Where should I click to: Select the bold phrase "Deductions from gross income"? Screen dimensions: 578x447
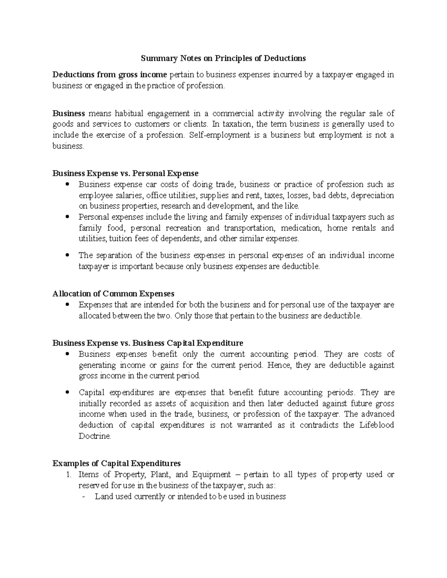pyautogui.click(x=110, y=75)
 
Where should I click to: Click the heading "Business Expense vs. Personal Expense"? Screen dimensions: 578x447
pyautogui.click(x=126, y=173)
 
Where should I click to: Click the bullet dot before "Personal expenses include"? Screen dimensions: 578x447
pyautogui.click(x=67, y=217)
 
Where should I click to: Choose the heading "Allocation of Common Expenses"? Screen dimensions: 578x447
pyautogui.click(x=113, y=294)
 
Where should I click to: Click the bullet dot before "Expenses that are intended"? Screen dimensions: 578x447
pyautogui.click(x=67, y=305)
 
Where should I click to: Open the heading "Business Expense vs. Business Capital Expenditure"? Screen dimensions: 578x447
pyautogui.click(x=148, y=343)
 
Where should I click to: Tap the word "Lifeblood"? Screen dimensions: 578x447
pyautogui.click(x=376, y=425)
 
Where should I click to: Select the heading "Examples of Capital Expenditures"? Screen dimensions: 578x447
pyautogui.click(x=117, y=464)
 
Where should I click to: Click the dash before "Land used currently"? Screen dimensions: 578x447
pyautogui.click(x=83, y=496)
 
